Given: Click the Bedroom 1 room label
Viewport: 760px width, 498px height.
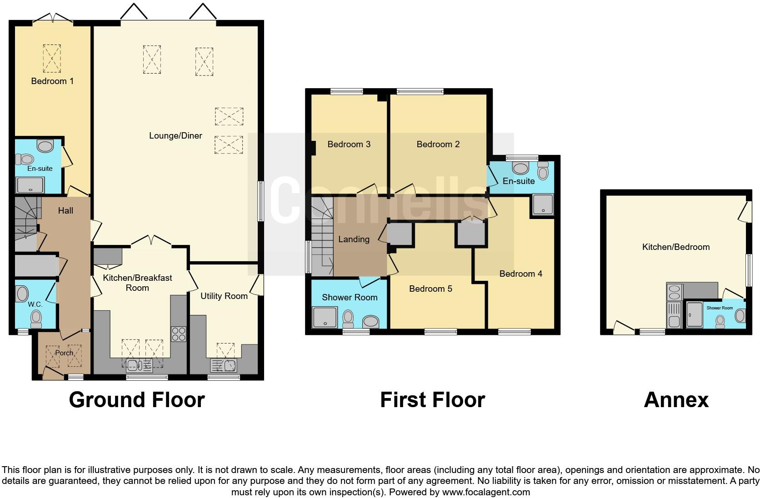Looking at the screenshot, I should pos(52,81).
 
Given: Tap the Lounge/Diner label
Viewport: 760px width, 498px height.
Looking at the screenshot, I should pos(175,135).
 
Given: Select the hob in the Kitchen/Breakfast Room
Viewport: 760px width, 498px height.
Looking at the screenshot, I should pos(178,334).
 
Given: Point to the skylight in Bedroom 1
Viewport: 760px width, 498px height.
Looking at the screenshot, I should pos(52,58).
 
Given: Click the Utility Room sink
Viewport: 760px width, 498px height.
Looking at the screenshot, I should pos(223,365).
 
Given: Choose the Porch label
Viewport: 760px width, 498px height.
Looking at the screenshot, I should pos(64,353).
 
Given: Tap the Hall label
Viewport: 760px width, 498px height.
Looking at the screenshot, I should pos(65,210).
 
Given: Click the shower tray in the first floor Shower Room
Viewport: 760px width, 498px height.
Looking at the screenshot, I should pos(325,318).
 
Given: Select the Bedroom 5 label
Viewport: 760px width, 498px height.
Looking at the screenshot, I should pos(430,289).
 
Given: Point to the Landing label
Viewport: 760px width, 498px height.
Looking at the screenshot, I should pos(354,239).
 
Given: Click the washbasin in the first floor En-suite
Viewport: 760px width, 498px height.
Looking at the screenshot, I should pos(520,168).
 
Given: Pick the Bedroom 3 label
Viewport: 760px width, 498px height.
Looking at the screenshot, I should pos(349,144).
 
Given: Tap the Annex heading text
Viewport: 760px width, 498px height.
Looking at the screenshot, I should pos(676,400).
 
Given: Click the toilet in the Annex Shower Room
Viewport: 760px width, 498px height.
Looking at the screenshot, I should pos(720,322).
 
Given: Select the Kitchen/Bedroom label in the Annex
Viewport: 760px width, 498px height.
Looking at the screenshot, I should pos(675,247).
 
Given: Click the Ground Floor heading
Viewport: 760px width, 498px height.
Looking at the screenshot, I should pos(137,400).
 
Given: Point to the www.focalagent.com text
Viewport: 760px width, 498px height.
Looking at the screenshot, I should pos(486,492).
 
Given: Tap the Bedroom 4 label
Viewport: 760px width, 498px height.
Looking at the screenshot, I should pos(520,274).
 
